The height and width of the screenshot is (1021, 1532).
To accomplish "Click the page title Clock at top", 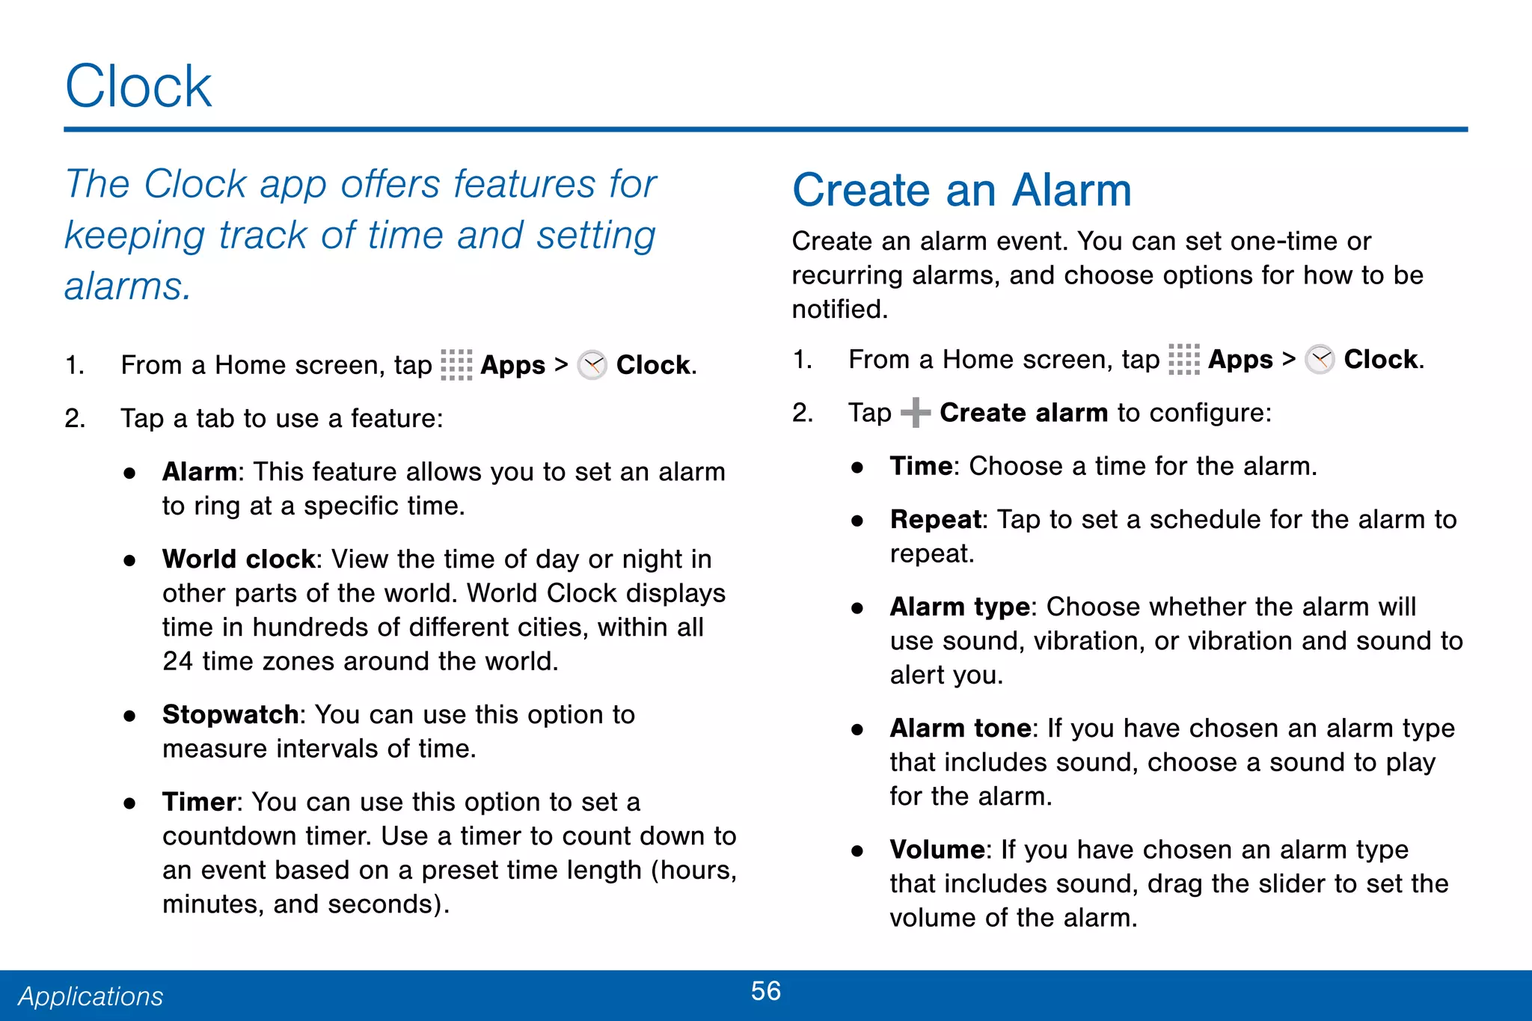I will click(x=138, y=87).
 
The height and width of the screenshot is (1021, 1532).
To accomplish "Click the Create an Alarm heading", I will click(x=961, y=190).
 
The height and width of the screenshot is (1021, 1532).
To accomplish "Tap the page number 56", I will click(x=765, y=991).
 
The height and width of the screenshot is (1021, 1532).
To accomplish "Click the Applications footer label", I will click(x=91, y=996).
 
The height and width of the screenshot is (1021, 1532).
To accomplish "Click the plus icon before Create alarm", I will click(x=915, y=413).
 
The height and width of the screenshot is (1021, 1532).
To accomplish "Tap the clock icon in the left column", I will click(x=592, y=365).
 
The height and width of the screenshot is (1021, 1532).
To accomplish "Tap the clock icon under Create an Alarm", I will click(x=1320, y=360).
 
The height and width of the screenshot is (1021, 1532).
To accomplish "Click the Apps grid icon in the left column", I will click(x=456, y=365).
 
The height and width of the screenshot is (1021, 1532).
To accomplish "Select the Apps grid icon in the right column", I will click(x=1183, y=360).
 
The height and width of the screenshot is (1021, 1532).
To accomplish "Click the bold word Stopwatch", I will click(x=230, y=714).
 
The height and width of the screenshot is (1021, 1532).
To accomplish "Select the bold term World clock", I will click(x=239, y=559).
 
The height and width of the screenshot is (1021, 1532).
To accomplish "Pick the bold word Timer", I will click(x=199, y=802).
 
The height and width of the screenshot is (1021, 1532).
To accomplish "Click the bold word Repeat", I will click(x=935, y=519).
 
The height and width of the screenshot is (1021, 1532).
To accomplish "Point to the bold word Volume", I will click(x=937, y=850).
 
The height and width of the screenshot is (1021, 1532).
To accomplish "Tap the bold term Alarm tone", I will click(x=960, y=728).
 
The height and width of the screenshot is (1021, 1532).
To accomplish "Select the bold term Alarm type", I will click(x=959, y=607).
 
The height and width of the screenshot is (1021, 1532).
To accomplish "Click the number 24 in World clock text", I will click(x=177, y=661).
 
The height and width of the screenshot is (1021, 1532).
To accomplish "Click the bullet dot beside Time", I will click(x=857, y=467).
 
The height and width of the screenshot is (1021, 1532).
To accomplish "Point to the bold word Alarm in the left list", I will click(x=199, y=472).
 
